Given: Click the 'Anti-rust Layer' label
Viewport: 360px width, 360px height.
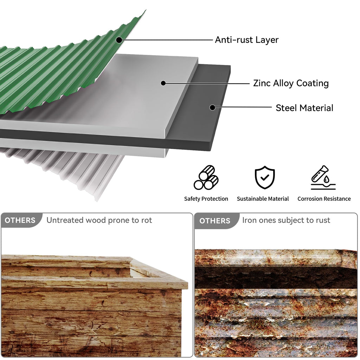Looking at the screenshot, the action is (x=246, y=40).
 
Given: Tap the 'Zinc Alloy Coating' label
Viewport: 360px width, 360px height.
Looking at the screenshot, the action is (x=291, y=83).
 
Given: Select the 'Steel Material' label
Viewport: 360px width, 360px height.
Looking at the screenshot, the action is (x=304, y=108).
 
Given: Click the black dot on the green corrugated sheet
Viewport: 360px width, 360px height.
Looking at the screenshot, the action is (x=119, y=40).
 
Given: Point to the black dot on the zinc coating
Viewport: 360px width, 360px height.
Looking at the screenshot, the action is (x=163, y=83).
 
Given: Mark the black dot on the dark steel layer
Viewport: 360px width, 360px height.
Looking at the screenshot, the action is (x=213, y=107).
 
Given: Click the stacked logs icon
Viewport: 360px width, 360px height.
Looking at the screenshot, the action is (x=206, y=178).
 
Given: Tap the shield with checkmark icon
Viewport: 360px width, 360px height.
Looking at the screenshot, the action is (x=265, y=177).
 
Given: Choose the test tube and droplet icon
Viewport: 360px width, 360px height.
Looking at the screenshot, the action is (x=323, y=178).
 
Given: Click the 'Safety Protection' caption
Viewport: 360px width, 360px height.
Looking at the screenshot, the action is (x=206, y=199).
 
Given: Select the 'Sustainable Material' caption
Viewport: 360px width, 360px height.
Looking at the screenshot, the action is (x=263, y=199).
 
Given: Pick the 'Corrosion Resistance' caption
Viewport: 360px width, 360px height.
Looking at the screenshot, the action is (x=324, y=199).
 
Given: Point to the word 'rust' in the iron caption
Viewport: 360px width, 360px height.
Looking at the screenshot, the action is (x=323, y=220).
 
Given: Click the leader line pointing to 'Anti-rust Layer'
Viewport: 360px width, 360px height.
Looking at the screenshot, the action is (x=166, y=40).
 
